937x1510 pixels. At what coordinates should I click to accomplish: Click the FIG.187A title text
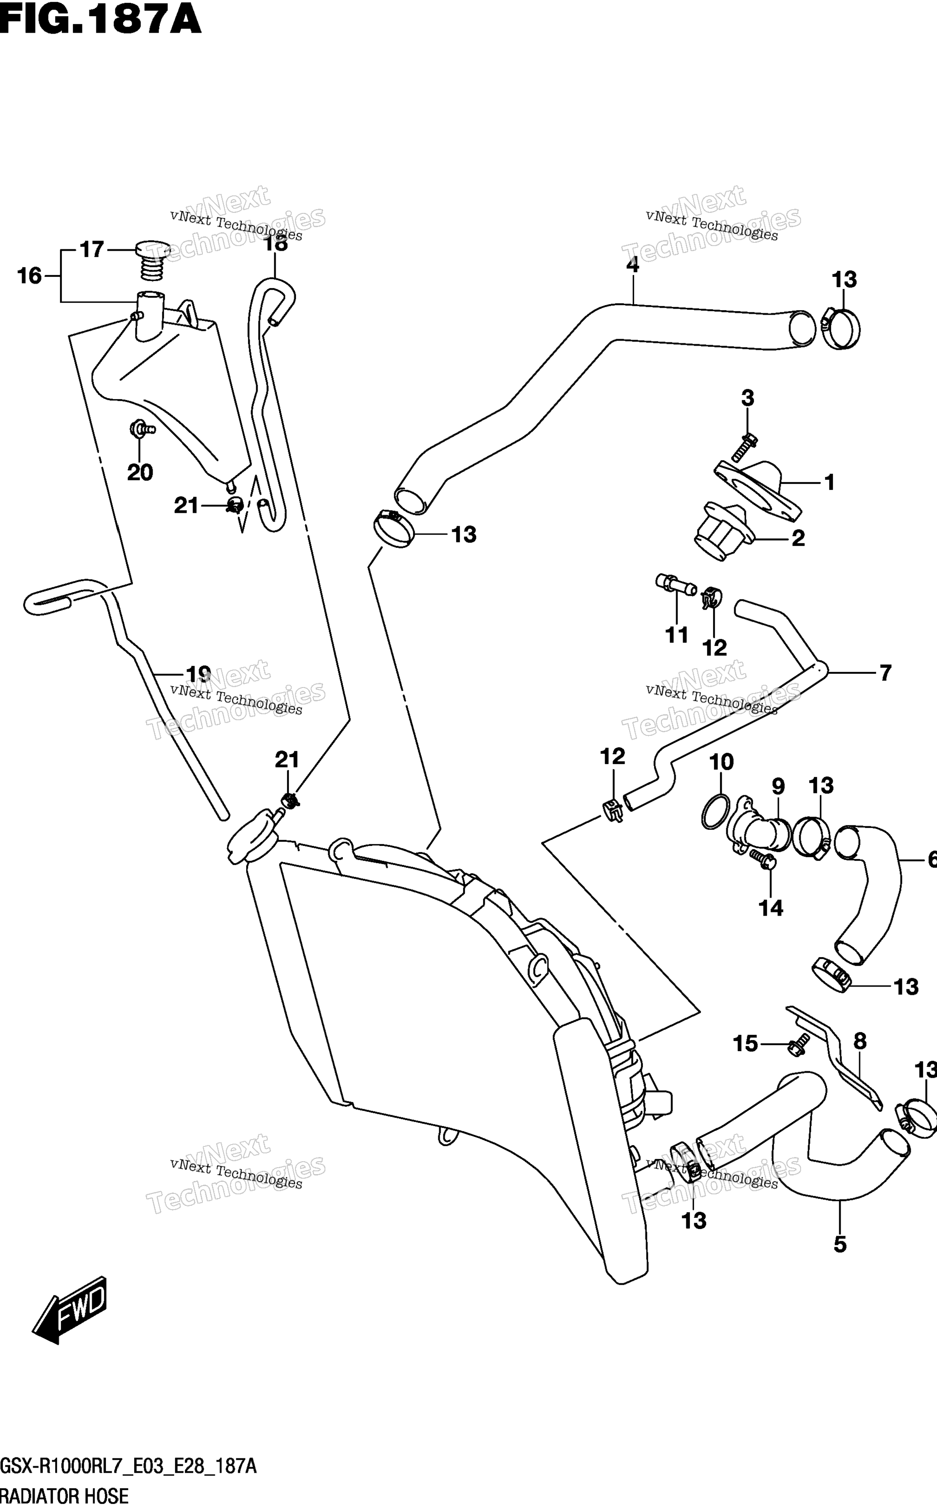100,19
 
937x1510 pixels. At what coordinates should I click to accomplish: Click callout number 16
29,276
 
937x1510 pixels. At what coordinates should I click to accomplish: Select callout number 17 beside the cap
92,250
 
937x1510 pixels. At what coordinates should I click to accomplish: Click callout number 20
140,473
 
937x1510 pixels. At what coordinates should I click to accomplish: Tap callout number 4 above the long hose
632,264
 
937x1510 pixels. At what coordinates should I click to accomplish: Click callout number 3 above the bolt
748,398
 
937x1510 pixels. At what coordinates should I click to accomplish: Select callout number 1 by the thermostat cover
830,482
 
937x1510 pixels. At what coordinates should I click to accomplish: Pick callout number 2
798,538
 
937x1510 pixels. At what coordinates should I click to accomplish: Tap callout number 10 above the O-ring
721,762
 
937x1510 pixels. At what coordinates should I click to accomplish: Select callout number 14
771,908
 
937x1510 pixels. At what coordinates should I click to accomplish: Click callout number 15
746,1044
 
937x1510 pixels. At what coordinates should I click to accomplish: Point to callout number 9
778,786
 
